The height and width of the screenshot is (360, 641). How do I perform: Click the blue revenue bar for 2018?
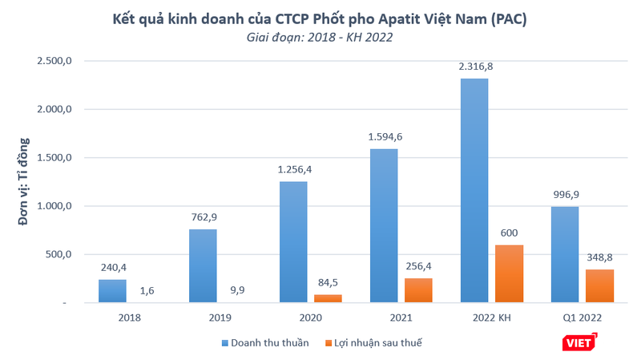coord(112,290)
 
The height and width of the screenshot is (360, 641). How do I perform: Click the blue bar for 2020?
coord(293,242)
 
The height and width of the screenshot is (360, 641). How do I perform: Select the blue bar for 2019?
coord(203,265)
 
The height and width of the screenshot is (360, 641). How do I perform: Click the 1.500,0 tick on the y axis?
coord(54,158)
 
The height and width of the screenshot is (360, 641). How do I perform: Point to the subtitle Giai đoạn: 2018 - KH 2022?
coord(320,38)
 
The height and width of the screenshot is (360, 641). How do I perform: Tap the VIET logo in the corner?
coord(581,342)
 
